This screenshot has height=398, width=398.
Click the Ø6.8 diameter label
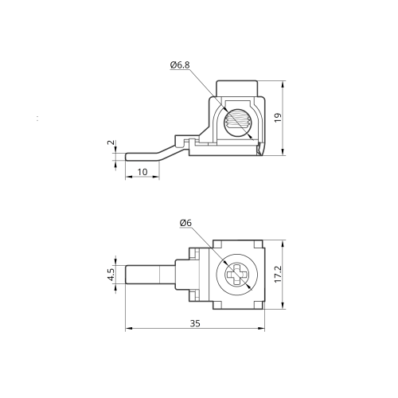tap(180, 65)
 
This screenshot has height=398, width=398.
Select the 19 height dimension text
tap(278, 118)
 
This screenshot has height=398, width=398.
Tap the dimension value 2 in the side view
tap(111, 142)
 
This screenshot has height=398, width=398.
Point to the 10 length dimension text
tap(142, 172)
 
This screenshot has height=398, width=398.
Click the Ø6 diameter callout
tap(185, 223)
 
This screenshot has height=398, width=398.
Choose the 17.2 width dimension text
tap(278, 274)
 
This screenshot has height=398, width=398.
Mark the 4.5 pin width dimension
tap(111, 275)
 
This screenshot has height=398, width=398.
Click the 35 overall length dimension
tap(195, 323)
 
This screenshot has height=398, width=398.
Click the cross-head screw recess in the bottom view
tap(237, 275)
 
